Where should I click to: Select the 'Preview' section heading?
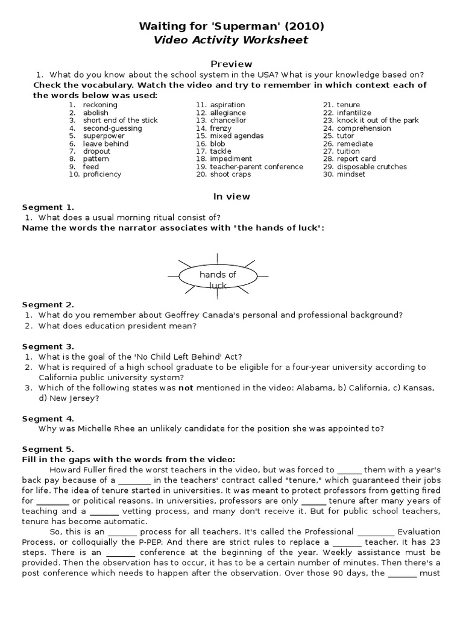click(231, 64)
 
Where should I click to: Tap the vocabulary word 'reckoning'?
click(100, 105)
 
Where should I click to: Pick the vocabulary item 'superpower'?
click(104, 136)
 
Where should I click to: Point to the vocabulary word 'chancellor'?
click(228, 121)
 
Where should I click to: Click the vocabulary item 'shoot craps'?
click(230, 175)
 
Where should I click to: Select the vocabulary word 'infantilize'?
click(354, 113)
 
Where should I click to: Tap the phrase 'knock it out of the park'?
click(377, 121)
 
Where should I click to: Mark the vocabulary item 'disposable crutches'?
click(371, 167)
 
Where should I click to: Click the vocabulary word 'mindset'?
click(351, 175)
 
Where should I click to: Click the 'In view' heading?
click(231, 196)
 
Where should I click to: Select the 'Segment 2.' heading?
click(48, 304)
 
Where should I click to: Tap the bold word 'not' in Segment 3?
click(186, 388)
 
